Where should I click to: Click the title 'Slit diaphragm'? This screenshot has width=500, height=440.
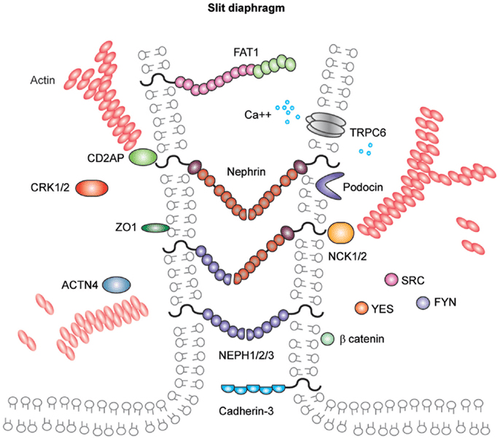coord(246,8)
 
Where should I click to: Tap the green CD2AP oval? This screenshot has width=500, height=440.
coord(143,157)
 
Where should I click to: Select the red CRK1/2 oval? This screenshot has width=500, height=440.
coord(92,188)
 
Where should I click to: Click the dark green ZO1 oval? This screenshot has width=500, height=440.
coord(155,228)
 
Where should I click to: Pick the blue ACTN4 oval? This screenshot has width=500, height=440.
coord(116,285)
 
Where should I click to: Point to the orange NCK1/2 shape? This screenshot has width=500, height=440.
coord(341,233)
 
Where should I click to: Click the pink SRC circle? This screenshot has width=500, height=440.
coord(391,280)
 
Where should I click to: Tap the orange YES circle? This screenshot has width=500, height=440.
coord(362,308)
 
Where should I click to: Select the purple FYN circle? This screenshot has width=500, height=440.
coord(423,302)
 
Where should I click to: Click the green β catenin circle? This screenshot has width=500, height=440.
coord(327,339)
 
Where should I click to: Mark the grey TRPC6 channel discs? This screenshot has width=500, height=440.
coord(326,125)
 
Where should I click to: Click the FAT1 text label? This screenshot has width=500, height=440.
coord(246,52)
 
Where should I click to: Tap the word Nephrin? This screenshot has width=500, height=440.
coord(246,172)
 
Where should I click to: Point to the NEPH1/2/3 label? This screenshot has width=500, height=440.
coord(246,355)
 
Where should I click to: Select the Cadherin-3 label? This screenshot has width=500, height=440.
coord(246,411)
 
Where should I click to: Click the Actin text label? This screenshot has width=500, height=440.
coord(43,80)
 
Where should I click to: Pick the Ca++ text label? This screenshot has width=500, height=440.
coord(258,115)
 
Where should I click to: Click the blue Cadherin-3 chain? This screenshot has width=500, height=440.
coord(253,389)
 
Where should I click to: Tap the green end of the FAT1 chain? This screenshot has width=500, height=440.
coord(274,65)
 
